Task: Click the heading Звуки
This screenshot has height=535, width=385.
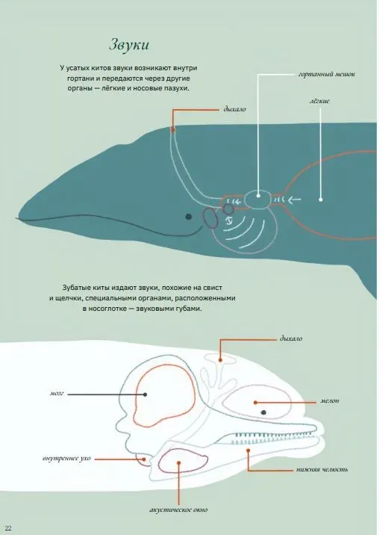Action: pyautogui.click(x=129, y=45)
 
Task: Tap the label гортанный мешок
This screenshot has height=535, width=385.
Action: pyautogui.click(x=327, y=74)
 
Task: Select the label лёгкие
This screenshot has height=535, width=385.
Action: pyautogui.click(x=319, y=101)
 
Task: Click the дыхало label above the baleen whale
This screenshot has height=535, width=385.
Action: pyautogui.click(x=234, y=110)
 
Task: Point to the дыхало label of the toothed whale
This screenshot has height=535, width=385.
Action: pyautogui.click(x=291, y=338)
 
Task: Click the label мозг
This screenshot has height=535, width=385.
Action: pyautogui.click(x=57, y=393)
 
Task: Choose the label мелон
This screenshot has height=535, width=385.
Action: pyautogui.click(x=330, y=401)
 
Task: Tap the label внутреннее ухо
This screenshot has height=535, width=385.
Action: pyautogui.click(x=66, y=458)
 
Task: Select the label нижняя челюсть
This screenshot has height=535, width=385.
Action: pyautogui.click(x=322, y=469)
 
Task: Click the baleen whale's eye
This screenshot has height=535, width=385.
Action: pyautogui.click(x=189, y=217)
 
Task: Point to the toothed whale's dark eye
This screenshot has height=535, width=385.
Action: pyautogui.click(x=263, y=412)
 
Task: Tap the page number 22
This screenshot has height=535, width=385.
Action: pyautogui.click(x=8, y=528)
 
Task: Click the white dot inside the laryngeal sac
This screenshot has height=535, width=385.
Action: pyautogui.click(x=258, y=196)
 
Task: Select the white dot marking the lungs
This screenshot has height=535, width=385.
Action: pyautogui.click(x=321, y=200)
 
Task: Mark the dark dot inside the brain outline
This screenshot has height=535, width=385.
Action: pyautogui.click(x=145, y=395)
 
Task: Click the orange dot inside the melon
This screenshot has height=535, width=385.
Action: pyautogui.click(x=255, y=403)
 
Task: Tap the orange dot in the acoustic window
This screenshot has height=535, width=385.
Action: pyautogui.click(x=178, y=463)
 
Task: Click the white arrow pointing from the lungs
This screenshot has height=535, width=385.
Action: pyautogui.click(x=295, y=200)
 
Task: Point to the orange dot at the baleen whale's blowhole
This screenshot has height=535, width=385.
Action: pyautogui.click(x=173, y=129)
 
